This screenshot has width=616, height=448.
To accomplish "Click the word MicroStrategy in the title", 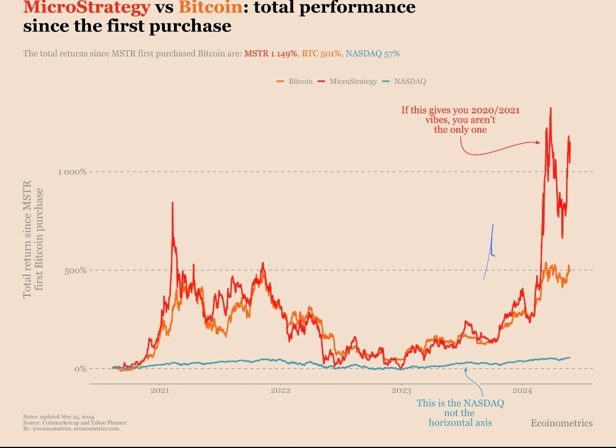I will (x=87, y=8).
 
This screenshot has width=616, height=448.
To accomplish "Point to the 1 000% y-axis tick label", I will (x=72, y=172).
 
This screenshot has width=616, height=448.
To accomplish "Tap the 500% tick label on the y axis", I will (x=75, y=270).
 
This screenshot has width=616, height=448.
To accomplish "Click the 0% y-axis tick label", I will (x=79, y=369).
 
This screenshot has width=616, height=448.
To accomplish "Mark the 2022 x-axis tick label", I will (x=280, y=391).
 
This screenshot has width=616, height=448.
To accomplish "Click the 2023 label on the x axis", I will (x=401, y=391).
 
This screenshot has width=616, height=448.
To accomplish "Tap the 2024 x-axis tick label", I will (x=522, y=391).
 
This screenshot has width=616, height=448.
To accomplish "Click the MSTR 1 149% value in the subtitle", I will (x=271, y=54).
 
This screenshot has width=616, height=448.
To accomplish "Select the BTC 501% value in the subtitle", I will (x=322, y=54).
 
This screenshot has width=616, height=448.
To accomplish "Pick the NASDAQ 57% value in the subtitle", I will (x=373, y=54).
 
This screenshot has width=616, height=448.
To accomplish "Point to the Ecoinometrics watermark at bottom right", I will (x=561, y=423).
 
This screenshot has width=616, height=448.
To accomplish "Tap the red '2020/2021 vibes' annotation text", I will (x=460, y=120).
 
